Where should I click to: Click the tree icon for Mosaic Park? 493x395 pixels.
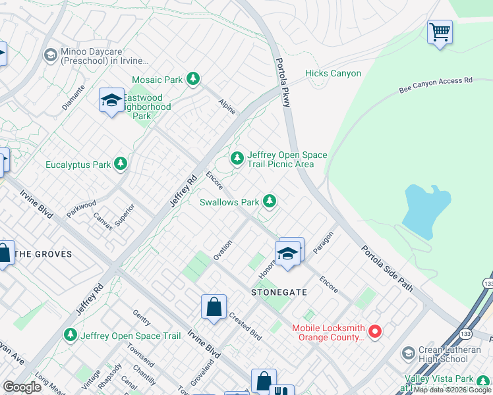(x=192, y=80)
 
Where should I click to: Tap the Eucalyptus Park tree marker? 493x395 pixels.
(x=120, y=163)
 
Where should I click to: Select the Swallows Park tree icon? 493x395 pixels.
(x=269, y=201)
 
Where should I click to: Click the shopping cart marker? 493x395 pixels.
(x=440, y=32)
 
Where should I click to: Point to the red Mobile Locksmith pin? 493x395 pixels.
(x=375, y=331)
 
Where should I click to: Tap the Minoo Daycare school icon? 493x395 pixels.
(x=49, y=55)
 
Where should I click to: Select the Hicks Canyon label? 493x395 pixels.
(x=333, y=74)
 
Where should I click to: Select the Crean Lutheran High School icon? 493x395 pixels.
(x=409, y=354)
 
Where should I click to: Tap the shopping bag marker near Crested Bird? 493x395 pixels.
(x=214, y=307)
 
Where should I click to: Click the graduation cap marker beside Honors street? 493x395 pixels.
(x=288, y=253)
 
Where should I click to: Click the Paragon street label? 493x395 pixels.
(x=324, y=242)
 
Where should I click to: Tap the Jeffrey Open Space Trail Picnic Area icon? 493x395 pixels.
(x=237, y=158)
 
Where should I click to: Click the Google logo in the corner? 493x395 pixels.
(x=22, y=387)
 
